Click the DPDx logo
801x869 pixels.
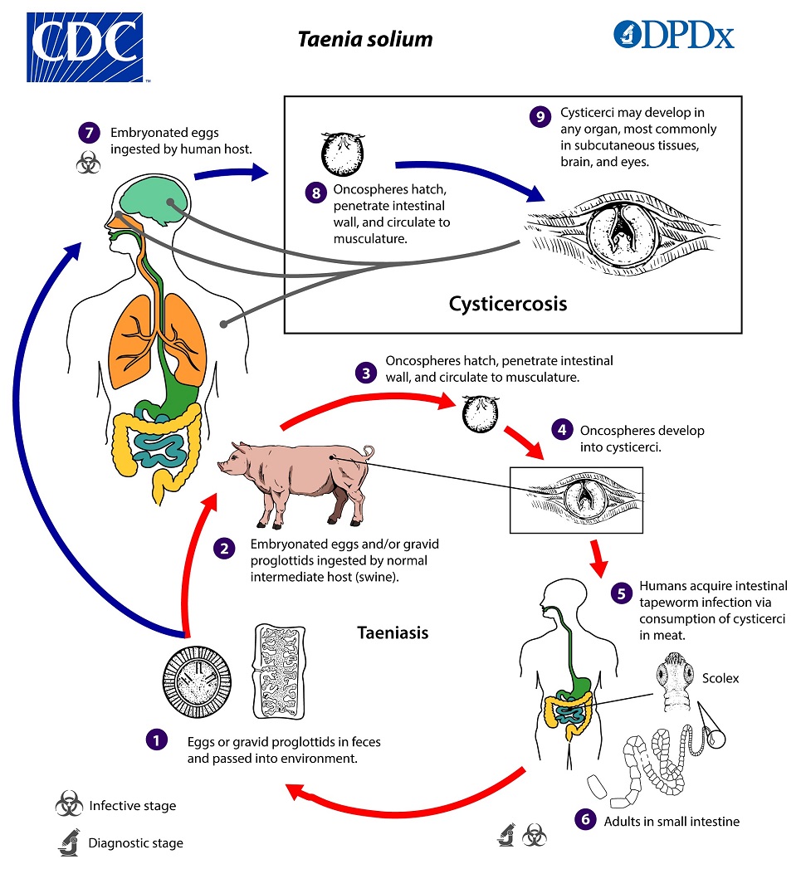673,34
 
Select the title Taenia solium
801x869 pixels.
365,40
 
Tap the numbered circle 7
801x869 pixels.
88,134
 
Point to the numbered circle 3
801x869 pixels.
366,372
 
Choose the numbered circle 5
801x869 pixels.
620,593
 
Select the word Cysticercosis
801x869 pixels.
508,304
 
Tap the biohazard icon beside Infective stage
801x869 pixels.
68,805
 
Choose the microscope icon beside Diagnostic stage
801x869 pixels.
68,842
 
